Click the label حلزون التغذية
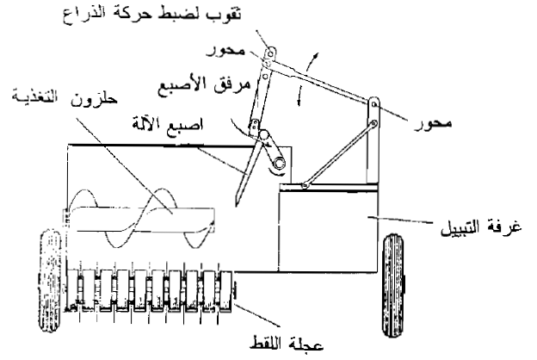(x=65, y=96)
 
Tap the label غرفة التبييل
(x=481, y=227)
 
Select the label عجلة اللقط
(x=287, y=343)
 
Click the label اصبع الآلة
(x=168, y=124)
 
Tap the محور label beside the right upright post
(x=433, y=122)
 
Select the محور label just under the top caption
(x=226, y=51)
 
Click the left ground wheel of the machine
(x=51, y=281)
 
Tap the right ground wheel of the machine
(x=392, y=285)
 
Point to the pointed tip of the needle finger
(x=237, y=205)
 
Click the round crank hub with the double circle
(x=279, y=163)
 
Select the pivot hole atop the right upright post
(x=374, y=103)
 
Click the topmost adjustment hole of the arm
(x=270, y=53)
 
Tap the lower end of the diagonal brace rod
(x=305, y=185)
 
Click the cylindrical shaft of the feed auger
(x=140, y=220)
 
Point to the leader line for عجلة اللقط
(x=258, y=314)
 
